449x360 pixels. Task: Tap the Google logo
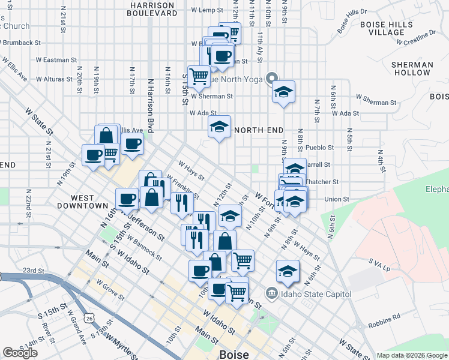[20, 353]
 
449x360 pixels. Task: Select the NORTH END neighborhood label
[258, 130]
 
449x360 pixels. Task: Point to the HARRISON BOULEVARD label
[152, 8]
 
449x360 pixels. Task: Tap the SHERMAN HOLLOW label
[411, 68]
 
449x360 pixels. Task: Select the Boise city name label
[234, 354]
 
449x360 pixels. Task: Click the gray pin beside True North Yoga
[272, 78]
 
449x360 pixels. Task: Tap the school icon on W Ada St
[220, 127]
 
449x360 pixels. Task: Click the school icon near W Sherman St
[283, 92]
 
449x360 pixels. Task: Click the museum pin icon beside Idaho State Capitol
[272, 293]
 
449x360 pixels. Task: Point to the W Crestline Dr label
[411, 40]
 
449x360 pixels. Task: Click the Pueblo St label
[315, 146]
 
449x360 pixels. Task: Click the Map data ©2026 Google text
[412, 355]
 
